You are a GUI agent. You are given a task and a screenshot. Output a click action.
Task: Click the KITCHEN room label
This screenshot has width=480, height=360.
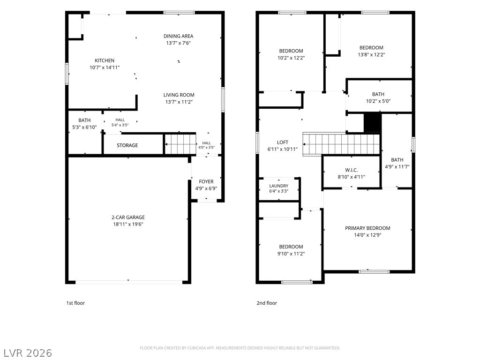click(x=105, y=60)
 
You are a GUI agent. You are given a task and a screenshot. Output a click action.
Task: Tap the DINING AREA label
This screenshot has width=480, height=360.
click(x=179, y=36)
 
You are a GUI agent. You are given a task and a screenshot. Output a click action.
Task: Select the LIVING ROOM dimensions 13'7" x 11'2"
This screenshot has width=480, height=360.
click(x=179, y=102)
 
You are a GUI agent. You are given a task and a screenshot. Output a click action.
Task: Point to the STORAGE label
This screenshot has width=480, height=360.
click(x=127, y=145)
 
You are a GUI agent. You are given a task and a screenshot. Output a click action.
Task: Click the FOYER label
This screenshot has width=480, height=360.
click(x=206, y=181)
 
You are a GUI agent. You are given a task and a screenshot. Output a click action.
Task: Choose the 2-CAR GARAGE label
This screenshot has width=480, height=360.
click(x=128, y=217)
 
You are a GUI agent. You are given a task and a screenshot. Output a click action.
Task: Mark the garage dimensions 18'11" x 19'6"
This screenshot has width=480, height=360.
click(x=128, y=224)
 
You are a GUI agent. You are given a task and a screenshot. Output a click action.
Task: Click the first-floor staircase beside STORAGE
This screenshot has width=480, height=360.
click(x=180, y=144)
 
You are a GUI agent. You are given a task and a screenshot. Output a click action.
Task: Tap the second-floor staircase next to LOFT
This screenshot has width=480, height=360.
click(x=341, y=144)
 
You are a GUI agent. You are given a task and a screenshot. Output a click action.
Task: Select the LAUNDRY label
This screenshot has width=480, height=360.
click(x=279, y=186)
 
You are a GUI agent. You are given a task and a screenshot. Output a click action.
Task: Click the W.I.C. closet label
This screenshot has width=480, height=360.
click(x=352, y=170)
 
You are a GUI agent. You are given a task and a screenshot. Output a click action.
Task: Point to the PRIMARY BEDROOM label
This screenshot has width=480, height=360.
click(x=367, y=228)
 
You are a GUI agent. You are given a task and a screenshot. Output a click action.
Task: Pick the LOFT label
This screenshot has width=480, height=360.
click(x=283, y=142)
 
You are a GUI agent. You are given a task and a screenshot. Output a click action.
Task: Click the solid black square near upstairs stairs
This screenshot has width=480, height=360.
click(x=373, y=123)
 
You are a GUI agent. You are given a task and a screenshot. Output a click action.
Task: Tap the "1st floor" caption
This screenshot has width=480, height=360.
click(x=75, y=303)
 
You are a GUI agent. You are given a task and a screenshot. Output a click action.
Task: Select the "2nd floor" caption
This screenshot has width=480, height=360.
click(x=267, y=303)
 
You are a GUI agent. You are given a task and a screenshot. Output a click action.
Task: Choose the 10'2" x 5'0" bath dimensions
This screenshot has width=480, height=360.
click(x=378, y=101)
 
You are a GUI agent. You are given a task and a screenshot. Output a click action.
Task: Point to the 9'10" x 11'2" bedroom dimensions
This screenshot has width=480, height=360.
click(x=291, y=254)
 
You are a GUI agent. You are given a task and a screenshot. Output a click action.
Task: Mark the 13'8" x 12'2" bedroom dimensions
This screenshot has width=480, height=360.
click(x=371, y=54)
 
